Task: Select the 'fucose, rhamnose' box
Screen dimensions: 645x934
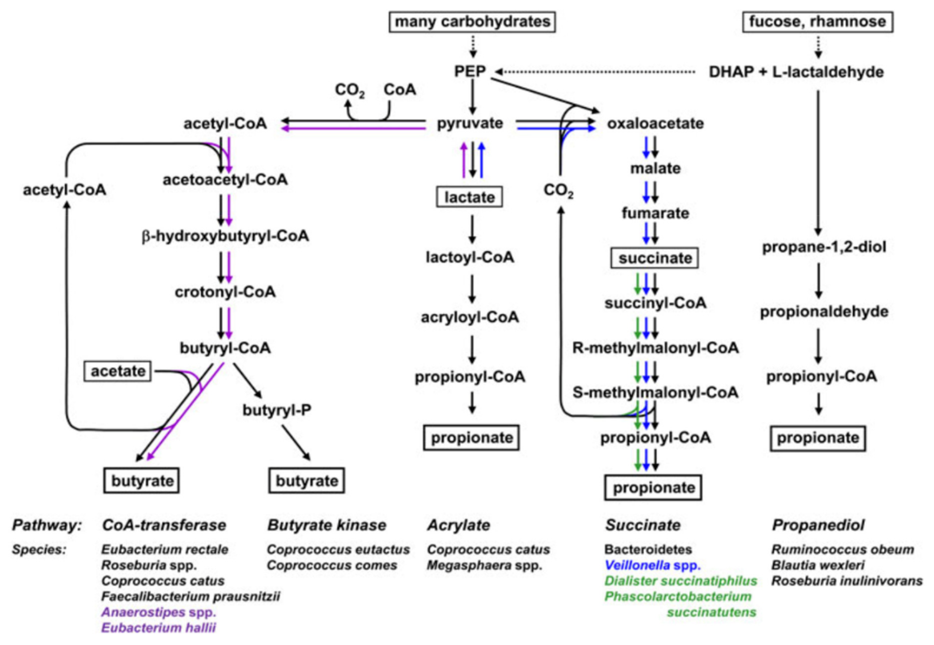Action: pyautogui.click(x=818, y=22)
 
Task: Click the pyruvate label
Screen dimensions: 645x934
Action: pyautogui.click(x=470, y=123)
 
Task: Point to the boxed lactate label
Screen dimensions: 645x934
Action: pyautogui.click(x=469, y=197)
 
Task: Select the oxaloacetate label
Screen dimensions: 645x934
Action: pyautogui.click(x=655, y=123)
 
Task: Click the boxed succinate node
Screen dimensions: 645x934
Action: pyautogui.click(x=655, y=258)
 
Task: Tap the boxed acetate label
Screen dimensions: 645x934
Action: pyautogui.click(x=118, y=371)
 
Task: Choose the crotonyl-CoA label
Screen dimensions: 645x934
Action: pyautogui.click(x=225, y=292)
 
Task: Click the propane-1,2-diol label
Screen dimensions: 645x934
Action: pyautogui.click(x=824, y=247)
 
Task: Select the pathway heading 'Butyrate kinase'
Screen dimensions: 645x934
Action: pyautogui.click(x=327, y=525)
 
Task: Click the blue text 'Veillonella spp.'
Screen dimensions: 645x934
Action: pyautogui.click(x=652, y=565)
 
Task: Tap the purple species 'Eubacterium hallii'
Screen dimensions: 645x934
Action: pyautogui.click(x=158, y=627)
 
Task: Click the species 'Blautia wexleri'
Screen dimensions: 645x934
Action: pyautogui.click(x=818, y=565)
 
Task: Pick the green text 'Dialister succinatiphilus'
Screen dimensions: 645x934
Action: pyautogui.click(x=681, y=581)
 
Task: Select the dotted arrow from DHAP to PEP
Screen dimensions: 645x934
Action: pyautogui.click(x=594, y=72)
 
